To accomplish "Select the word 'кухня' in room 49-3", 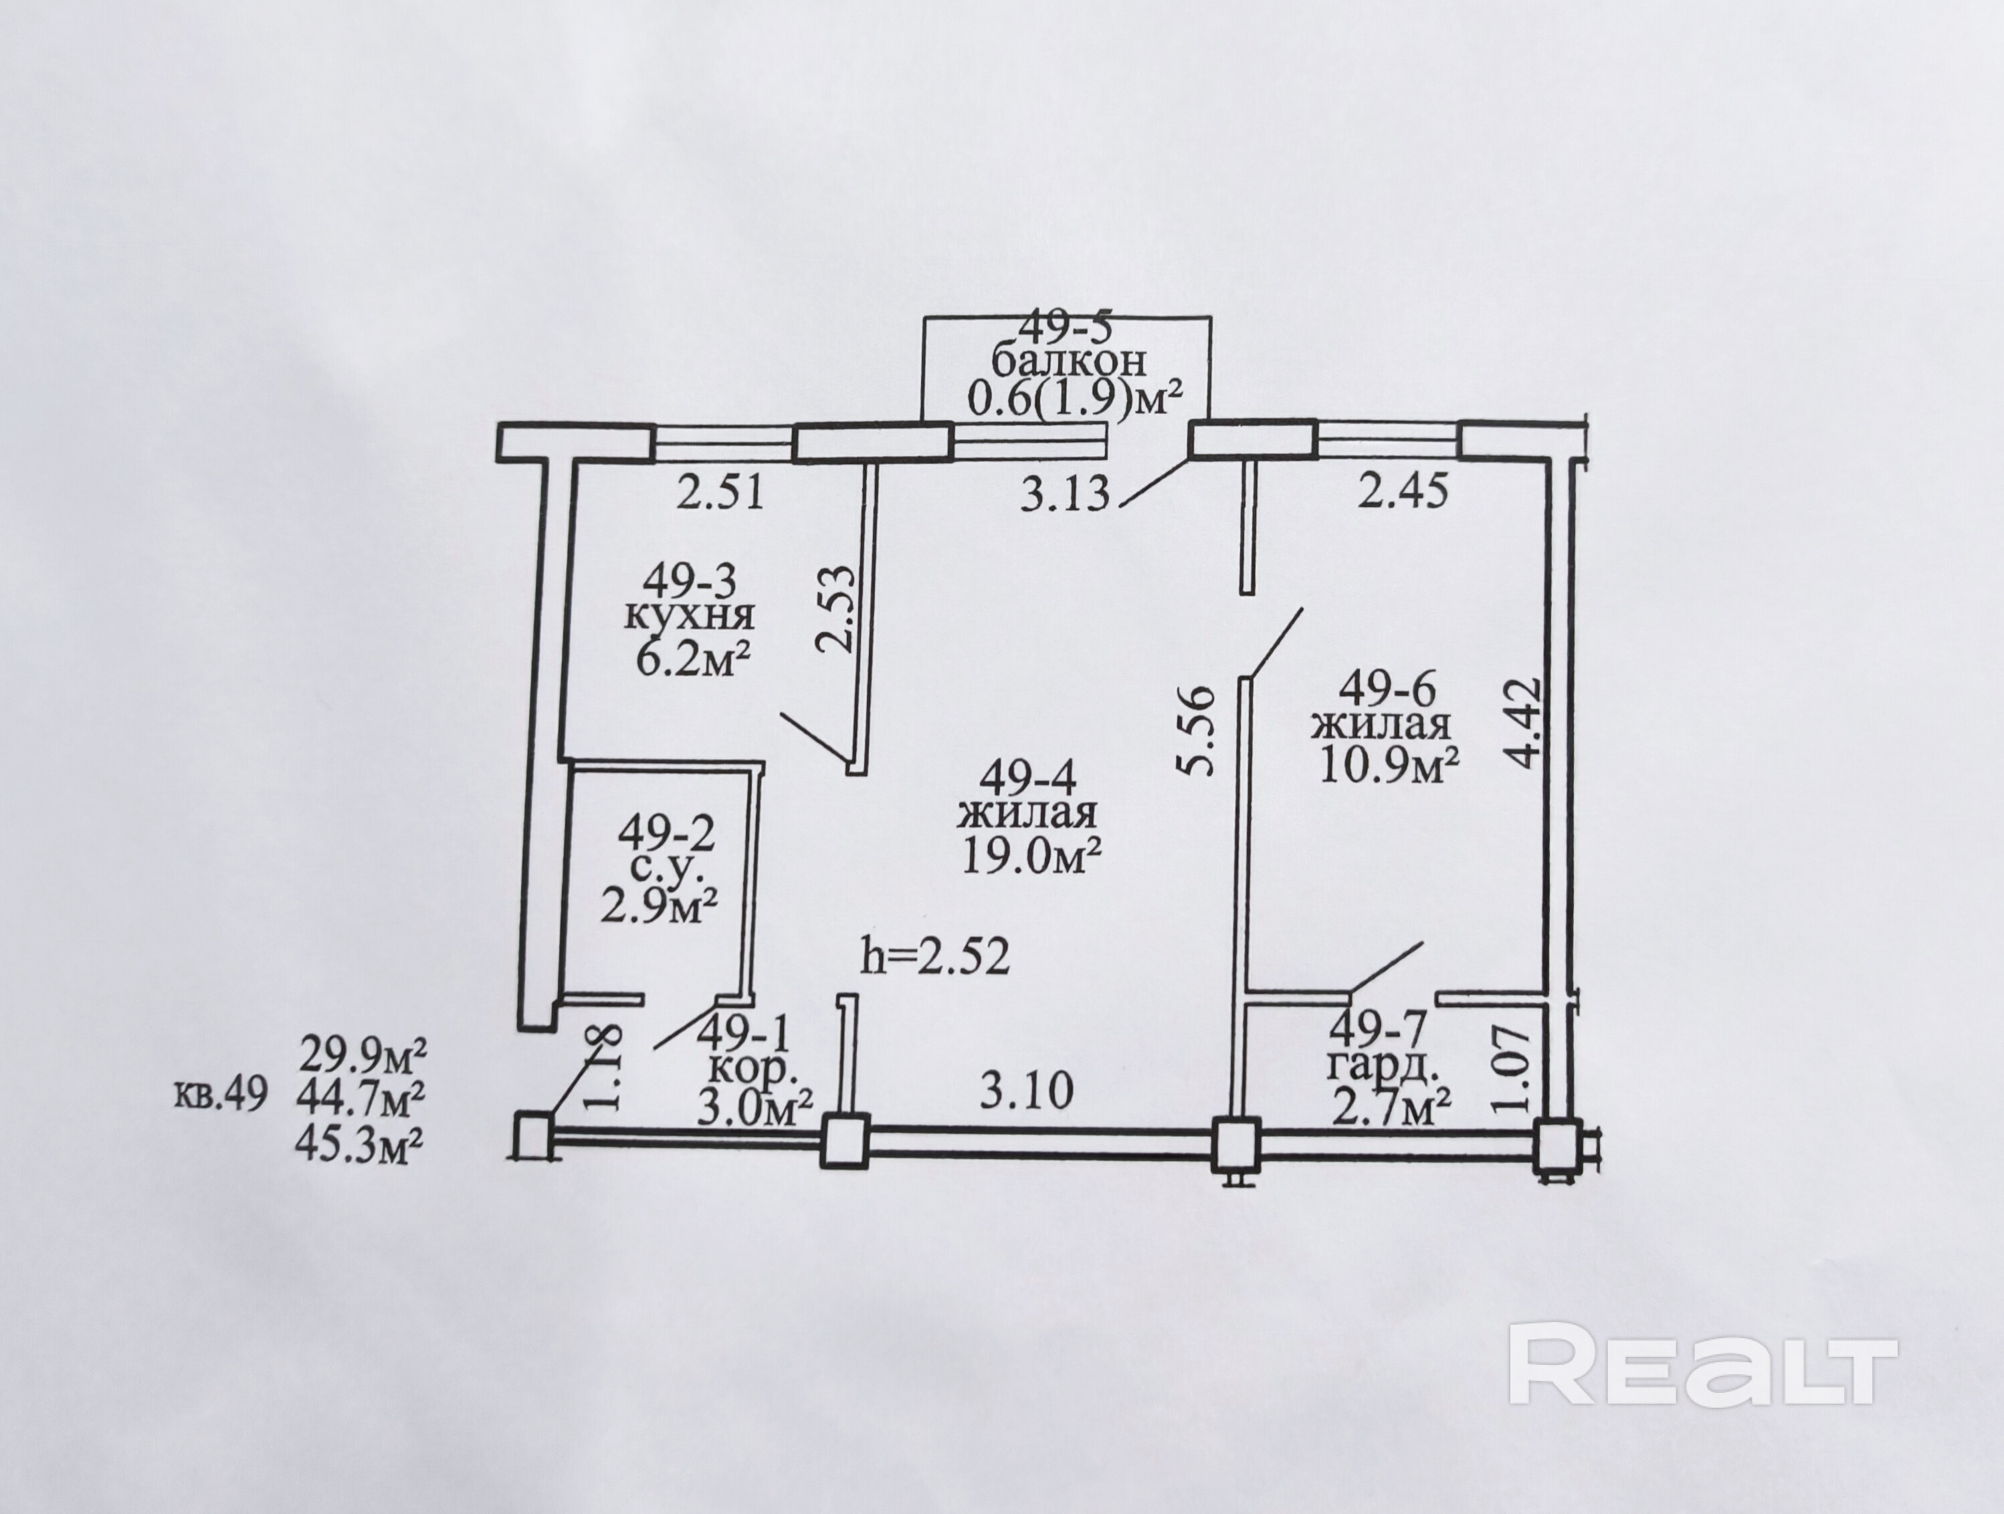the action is coord(690,617).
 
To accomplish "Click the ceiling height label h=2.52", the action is coord(935,957).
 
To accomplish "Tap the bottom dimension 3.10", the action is coord(1027,1091).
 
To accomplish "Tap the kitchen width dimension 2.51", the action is coord(721,494).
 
